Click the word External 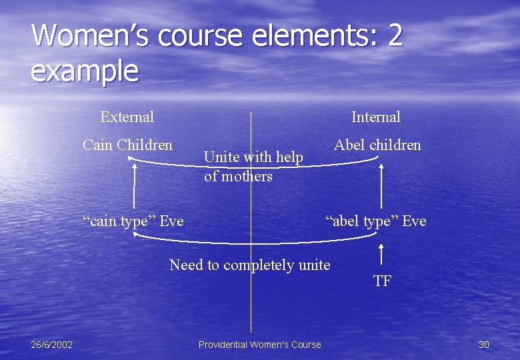[x=127, y=117]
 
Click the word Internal [x=376, y=117]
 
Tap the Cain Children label [x=127, y=145]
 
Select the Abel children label [x=377, y=145]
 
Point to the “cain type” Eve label [x=133, y=221]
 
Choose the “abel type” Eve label [x=375, y=221]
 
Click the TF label [x=382, y=281]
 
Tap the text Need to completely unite [x=250, y=265]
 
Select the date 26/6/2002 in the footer [x=52, y=344]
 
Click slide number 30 [x=484, y=344]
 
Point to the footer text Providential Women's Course [x=259, y=345]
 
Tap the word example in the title [x=85, y=70]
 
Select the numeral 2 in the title [x=395, y=36]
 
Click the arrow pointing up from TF [x=381, y=256]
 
